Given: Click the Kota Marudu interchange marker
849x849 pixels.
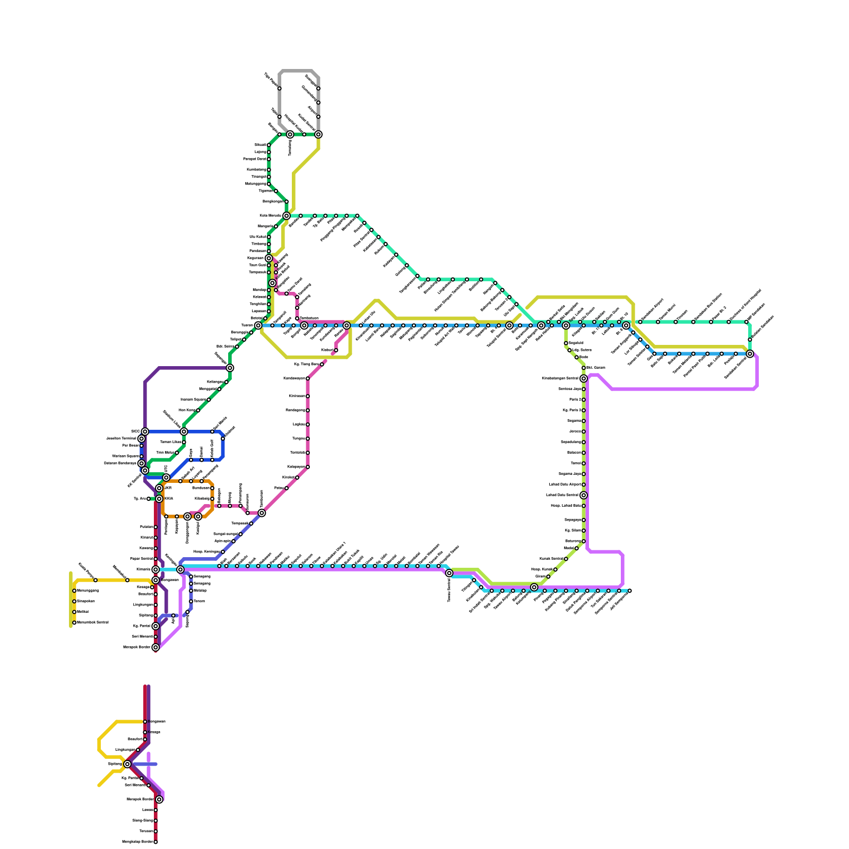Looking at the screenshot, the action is pos(287,215).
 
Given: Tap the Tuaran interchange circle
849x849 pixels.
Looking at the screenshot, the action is pos(258,325).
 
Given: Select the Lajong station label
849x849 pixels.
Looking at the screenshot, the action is pos(261,152).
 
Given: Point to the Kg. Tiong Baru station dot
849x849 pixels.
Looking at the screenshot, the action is pos(322,365).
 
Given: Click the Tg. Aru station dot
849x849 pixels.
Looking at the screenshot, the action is pos(149,499).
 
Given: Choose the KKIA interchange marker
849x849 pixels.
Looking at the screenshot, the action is pos(159,499).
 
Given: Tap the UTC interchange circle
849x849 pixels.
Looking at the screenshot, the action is pos(166,478).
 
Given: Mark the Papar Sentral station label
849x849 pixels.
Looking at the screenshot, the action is pos(141,559).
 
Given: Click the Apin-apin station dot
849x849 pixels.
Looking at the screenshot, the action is pos(233,541).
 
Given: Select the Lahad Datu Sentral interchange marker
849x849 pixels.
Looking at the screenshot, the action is pos(584,495).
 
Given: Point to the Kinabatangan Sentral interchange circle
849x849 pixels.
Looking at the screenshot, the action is pos(584,378).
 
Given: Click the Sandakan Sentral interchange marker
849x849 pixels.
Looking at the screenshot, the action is pos(750,354).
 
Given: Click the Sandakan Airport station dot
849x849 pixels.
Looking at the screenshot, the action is pos(640,322).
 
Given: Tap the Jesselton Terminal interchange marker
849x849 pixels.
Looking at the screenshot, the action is pos(141,439).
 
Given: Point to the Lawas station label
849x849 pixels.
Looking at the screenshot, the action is pos(148,810).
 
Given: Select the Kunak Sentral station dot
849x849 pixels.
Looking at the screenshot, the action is pos(566,559).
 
